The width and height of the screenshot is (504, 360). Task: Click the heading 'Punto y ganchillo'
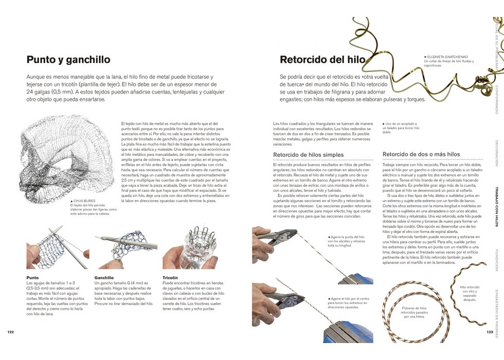(68, 60)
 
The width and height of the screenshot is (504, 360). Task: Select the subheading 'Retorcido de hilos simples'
(308, 154)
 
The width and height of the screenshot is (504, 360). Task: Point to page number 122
(10, 332)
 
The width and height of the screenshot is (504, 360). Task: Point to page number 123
(490, 332)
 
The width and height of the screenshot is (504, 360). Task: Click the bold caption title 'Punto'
(32, 278)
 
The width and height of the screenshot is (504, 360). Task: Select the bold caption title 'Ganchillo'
(104, 278)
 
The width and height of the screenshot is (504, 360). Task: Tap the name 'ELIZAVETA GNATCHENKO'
(449, 56)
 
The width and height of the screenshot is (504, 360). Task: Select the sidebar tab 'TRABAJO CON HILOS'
(496, 206)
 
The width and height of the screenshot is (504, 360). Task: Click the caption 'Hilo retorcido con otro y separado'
(470, 293)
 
